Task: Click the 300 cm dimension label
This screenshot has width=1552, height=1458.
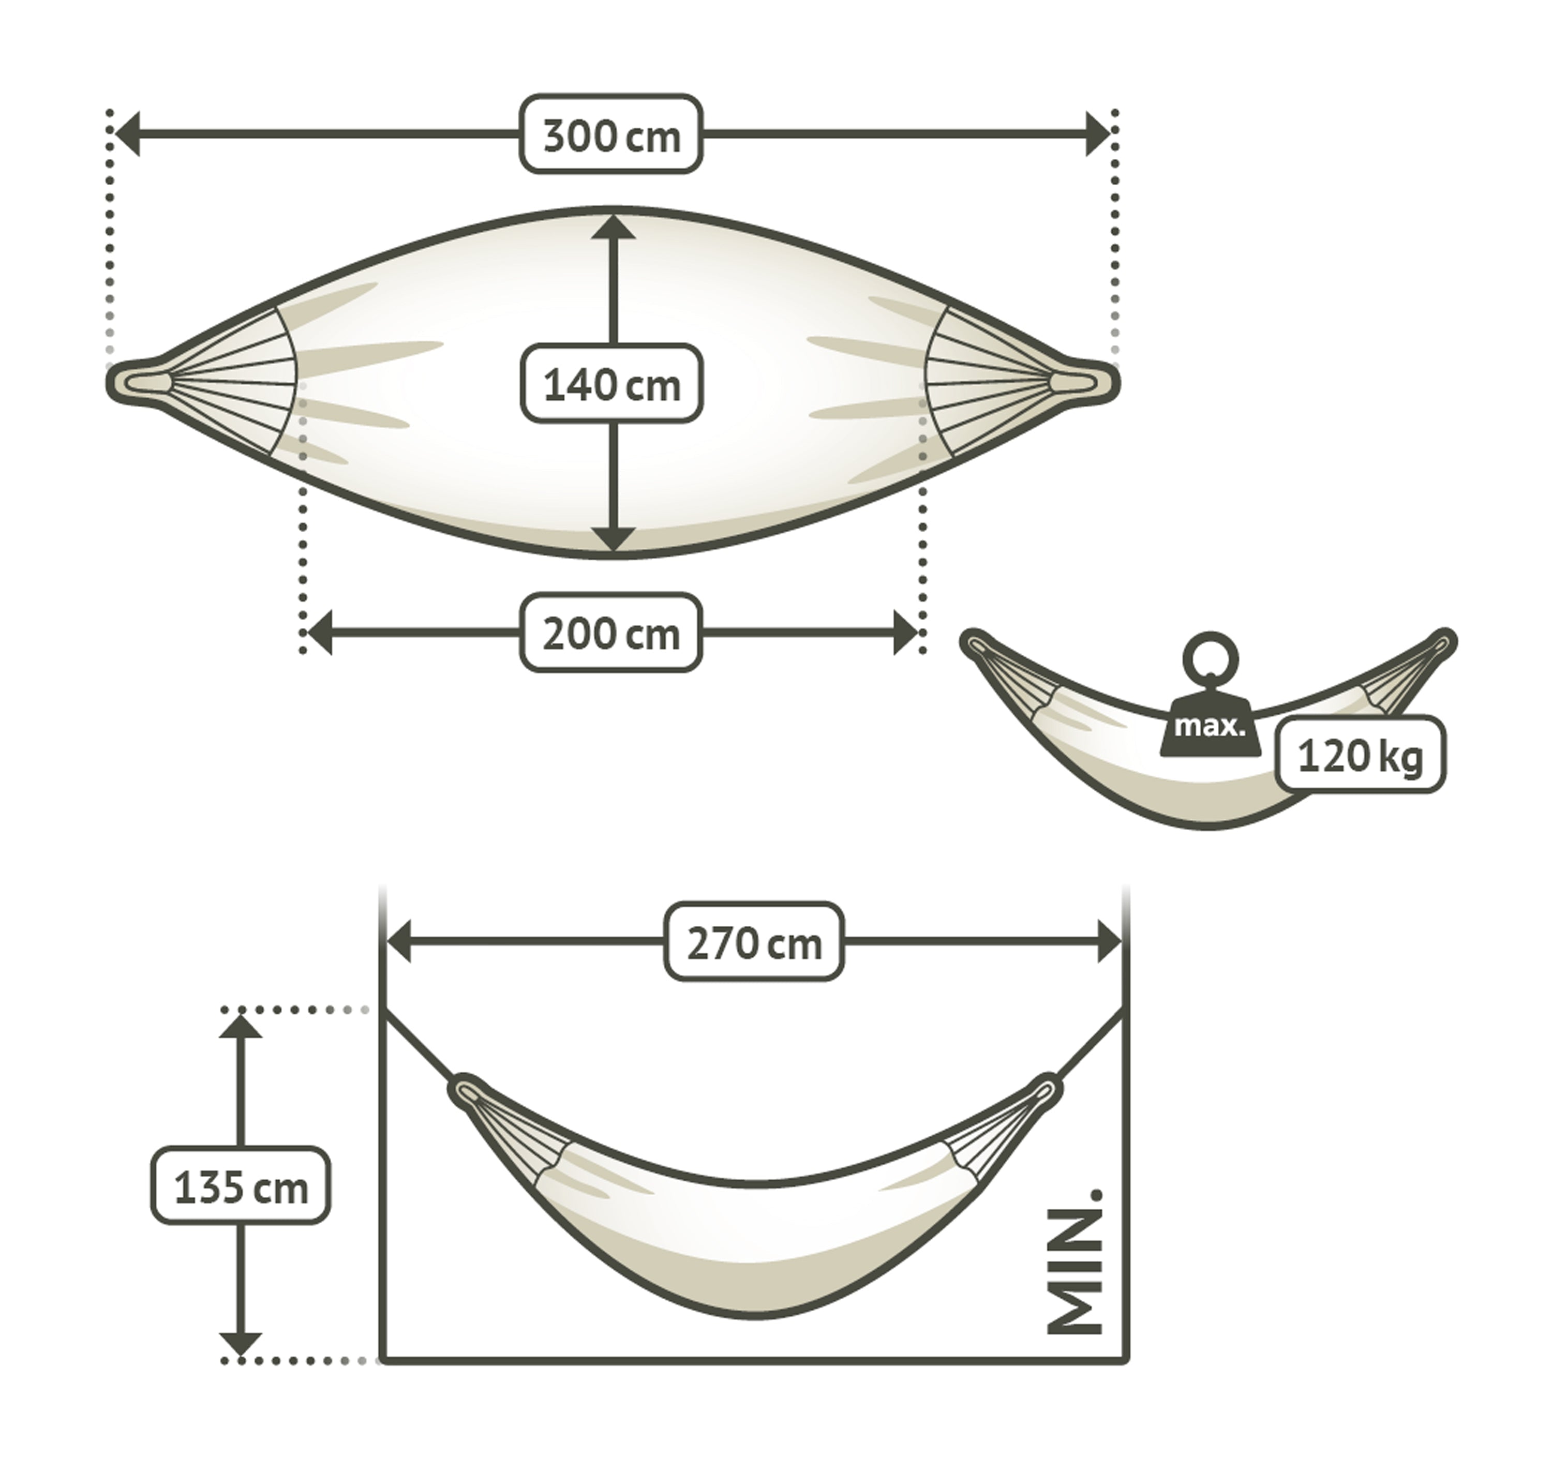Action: click(x=611, y=134)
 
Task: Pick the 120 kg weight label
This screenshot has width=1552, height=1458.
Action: click(x=1360, y=756)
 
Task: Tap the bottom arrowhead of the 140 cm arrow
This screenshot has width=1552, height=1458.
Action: click(x=613, y=538)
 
